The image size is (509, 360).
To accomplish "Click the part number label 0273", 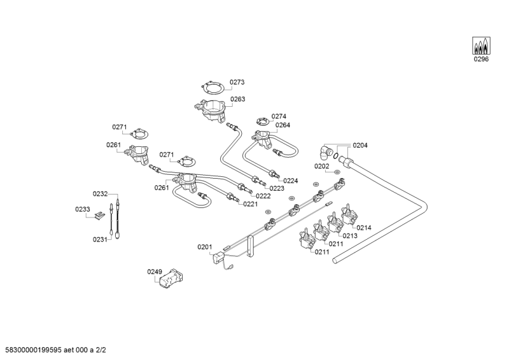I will click(x=237, y=82).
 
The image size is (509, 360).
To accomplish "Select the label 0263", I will click(x=238, y=99).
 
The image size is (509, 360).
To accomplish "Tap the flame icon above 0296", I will click(x=481, y=46).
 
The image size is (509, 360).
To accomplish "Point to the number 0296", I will click(x=481, y=60).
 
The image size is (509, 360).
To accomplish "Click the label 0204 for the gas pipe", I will click(x=360, y=145).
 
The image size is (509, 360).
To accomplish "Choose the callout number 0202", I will click(x=322, y=166).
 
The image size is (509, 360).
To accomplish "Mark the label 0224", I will click(x=291, y=181).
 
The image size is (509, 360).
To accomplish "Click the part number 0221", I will click(x=250, y=204).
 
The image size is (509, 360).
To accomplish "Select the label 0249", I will click(x=155, y=272).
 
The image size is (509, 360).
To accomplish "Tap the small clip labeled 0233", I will click(x=99, y=216).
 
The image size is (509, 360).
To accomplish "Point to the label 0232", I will click(x=101, y=193).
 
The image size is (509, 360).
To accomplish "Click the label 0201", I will click(x=205, y=247).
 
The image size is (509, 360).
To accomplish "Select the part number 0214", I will click(x=364, y=228).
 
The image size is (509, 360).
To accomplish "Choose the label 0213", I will click(x=351, y=236).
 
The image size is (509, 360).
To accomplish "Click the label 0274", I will click(x=279, y=116).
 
